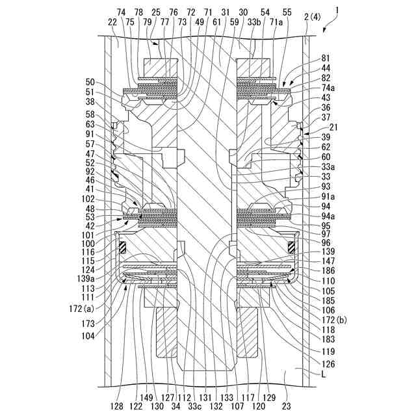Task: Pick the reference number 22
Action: pos(112,22)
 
